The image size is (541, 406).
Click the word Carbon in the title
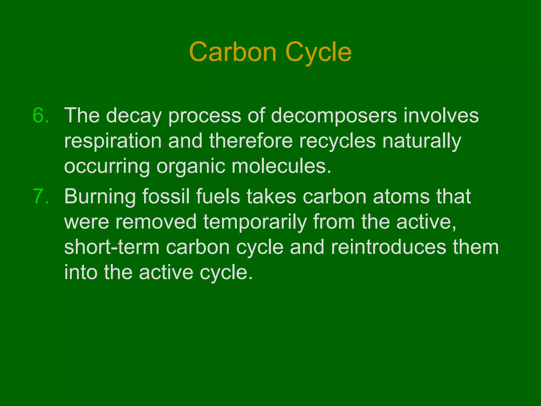[x=233, y=52]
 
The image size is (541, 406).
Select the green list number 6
[x=41, y=116]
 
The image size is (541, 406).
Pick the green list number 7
[x=41, y=197]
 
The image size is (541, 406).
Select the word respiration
[x=113, y=141]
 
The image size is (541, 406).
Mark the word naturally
[x=422, y=141]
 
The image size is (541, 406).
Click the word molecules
[x=281, y=167]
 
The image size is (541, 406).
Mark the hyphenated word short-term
[x=112, y=247]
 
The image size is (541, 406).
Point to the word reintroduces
[x=389, y=247]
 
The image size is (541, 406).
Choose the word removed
[x=156, y=222]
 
